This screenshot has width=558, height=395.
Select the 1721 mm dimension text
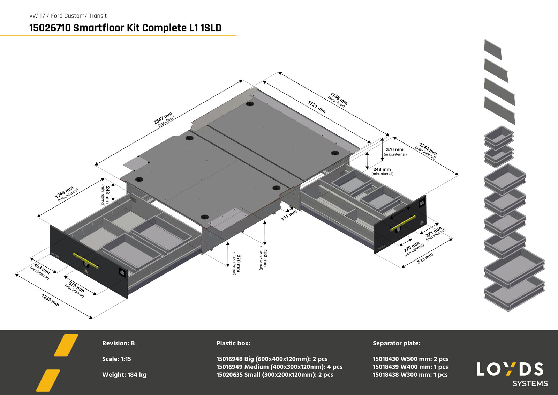click(317, 107)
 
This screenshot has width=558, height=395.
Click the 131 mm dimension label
click(289, 215)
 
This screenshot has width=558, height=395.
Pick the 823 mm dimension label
click(425, 258)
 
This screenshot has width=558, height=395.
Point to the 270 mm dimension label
click(413, 248)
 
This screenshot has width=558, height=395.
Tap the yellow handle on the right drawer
click(403, 223)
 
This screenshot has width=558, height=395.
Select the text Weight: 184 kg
click(124, 375)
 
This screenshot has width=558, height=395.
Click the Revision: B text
click(118, 343)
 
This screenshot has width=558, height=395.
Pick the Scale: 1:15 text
click(116, 359)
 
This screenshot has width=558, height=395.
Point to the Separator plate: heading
click(396, 343)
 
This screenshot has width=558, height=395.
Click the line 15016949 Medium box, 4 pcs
click(279, 367)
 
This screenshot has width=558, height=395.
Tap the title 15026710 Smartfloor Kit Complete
click(125, 28)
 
